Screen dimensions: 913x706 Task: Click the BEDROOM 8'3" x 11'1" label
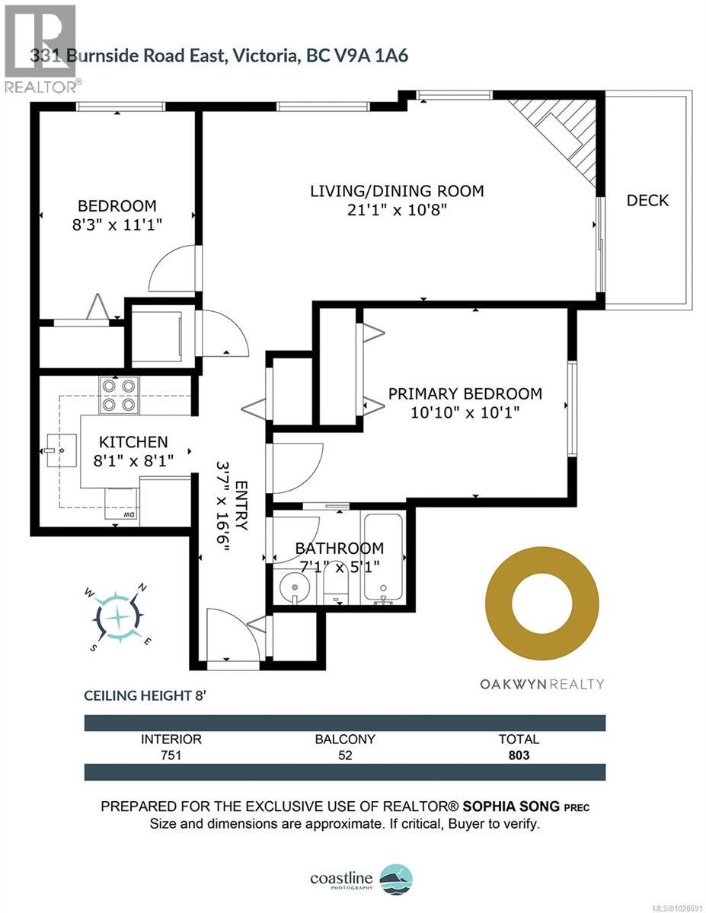tap(117, 215)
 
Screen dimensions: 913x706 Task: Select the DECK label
tap(647, 200)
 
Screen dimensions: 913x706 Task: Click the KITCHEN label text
tap(133, 442)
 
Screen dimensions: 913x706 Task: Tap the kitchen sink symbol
tap(58, 452)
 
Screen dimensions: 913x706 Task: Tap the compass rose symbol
tap(120, 616)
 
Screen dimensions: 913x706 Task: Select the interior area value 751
tap(171, 756)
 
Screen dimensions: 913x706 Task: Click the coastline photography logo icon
tap(395, 879)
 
